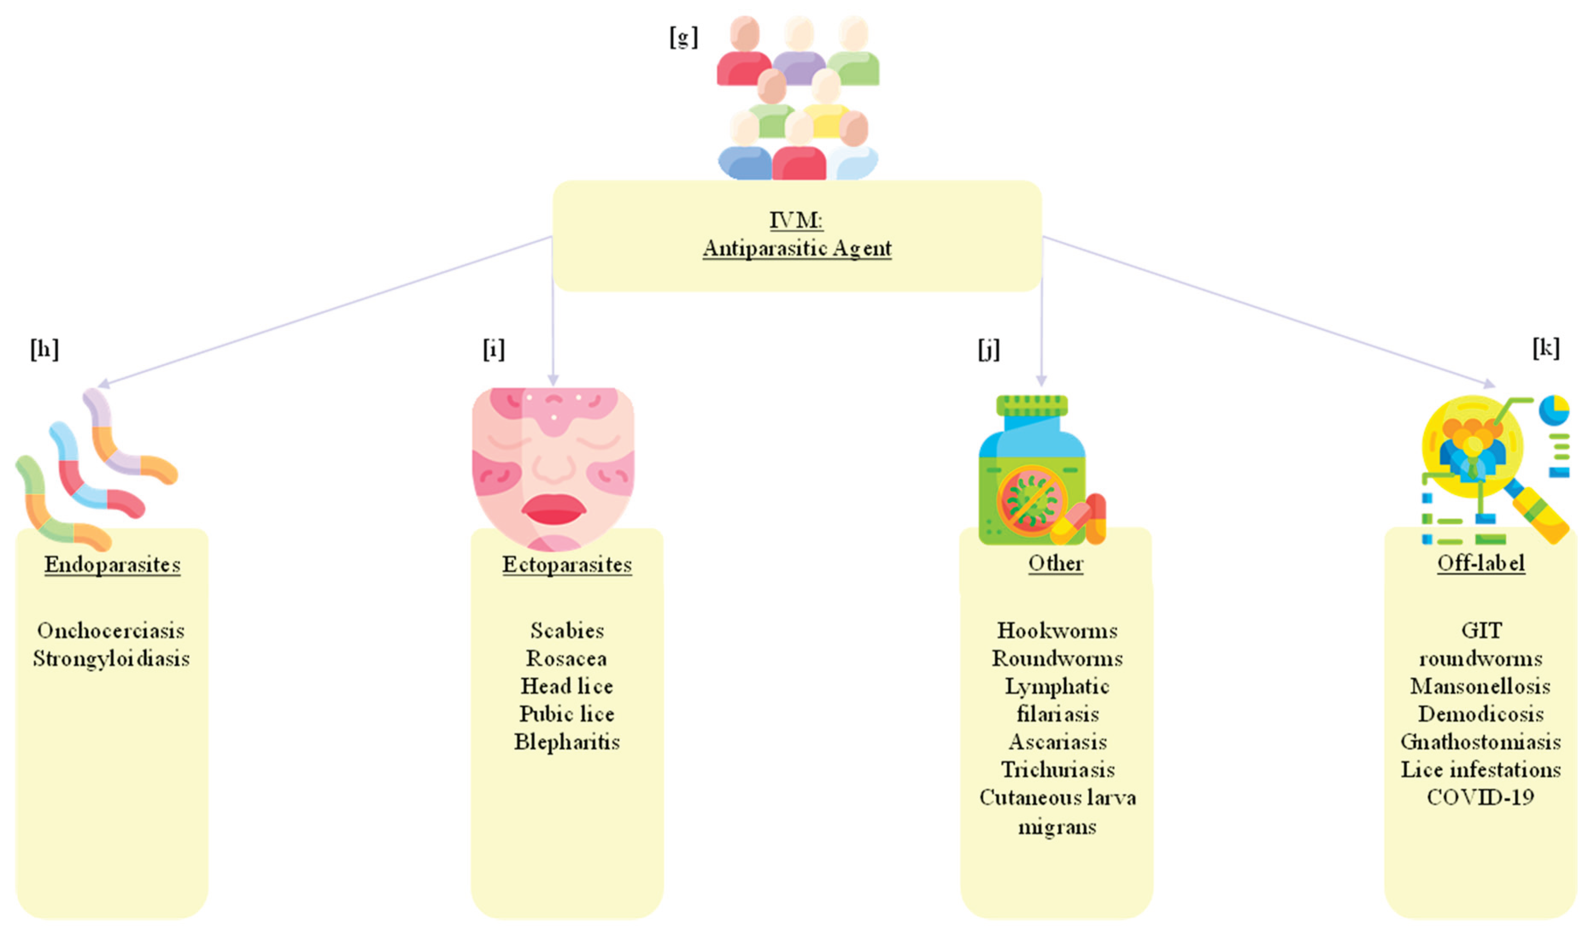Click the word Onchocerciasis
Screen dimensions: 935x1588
[x=111, y=630]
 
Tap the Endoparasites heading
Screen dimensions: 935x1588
[x=112, y=564]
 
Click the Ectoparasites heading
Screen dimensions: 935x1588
[x=566, y=564]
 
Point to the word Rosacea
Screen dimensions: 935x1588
[x=566, y=659]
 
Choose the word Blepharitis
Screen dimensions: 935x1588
[x=566, y=742]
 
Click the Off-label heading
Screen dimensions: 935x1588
[x=1480, y=563]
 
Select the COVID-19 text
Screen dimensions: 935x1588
[x=1480, y=797]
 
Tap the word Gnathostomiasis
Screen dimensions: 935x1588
[x=1480, y=742]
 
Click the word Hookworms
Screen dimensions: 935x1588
[x=1057, y=630]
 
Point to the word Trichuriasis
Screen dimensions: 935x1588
[x=1057, y=770]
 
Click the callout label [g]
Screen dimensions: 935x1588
[x=683, y=38]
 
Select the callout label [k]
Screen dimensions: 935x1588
[x=1546, y=348]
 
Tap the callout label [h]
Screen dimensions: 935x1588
[x=44, y=349]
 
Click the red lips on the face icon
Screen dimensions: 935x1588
[x=553, y=510]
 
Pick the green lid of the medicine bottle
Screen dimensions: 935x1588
[x=1032, y=406]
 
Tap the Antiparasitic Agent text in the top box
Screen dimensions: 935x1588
[x=796, y=248]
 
